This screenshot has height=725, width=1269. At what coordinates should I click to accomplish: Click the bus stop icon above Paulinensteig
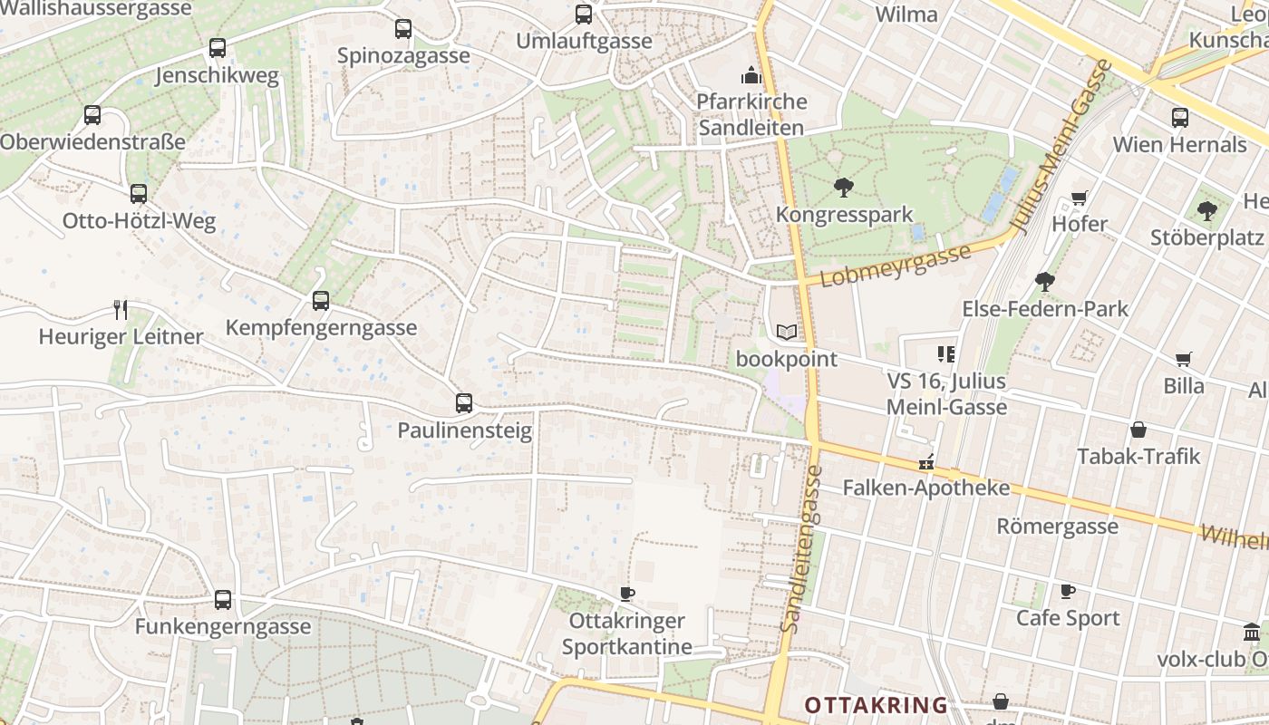(464, 402)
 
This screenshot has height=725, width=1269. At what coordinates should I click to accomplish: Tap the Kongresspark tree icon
(844, 188)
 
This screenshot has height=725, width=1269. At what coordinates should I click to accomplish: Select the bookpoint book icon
(787, 333)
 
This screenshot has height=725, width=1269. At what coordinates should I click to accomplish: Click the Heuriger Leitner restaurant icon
(121, 310)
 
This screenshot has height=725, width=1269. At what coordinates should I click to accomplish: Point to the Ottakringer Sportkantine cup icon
(626, 594)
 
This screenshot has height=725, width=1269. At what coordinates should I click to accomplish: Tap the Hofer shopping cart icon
(1079, 198)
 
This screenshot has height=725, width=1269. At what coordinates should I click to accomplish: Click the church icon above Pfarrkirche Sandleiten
(751, 74)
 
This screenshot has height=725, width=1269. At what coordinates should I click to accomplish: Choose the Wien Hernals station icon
(1179, 117)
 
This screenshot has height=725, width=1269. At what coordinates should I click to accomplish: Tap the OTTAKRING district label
(876, 705)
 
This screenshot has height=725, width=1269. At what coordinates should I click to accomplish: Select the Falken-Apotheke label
(925, 488)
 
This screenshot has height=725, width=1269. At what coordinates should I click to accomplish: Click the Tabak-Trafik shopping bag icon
(1138, 430)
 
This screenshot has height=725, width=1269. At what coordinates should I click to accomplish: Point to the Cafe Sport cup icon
(1068, 592)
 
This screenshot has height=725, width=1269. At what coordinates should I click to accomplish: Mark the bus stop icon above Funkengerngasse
(223, 600)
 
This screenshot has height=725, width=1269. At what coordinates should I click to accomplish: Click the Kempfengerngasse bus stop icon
(320, 301)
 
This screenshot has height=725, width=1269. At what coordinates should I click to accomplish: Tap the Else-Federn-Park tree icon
(1045, 282)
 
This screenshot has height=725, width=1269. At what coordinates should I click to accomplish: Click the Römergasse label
(1057, 527)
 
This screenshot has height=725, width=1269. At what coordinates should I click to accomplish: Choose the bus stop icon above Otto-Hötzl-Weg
(138, 194)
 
